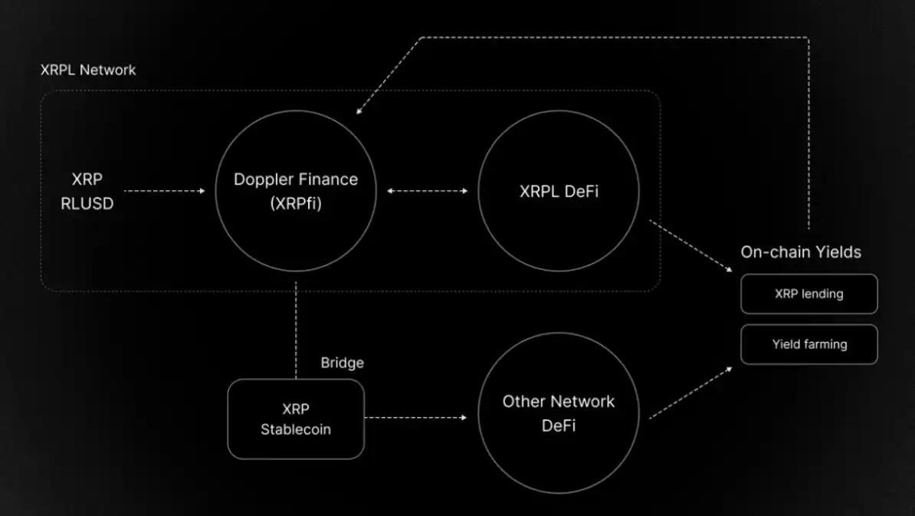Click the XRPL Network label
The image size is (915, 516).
coord(88,70)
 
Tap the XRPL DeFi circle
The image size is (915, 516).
coord(558,191)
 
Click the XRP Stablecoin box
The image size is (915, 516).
coord(296,419)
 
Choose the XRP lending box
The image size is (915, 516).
coord(808,294)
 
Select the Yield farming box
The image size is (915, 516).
coord(808,344)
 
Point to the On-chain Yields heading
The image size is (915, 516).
coord(801,251)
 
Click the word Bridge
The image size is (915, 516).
coord(342,363)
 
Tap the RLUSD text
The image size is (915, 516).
coord(87,203)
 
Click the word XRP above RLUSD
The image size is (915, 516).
coord(87,179)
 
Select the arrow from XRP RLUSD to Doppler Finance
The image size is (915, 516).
coord(164,191)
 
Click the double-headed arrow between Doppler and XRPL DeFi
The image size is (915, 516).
coord(427,191)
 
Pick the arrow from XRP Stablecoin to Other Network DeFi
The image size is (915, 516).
coord(415,418)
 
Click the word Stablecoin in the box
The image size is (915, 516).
coord(296,429)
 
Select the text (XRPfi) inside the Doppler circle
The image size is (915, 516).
coord(296,203)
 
